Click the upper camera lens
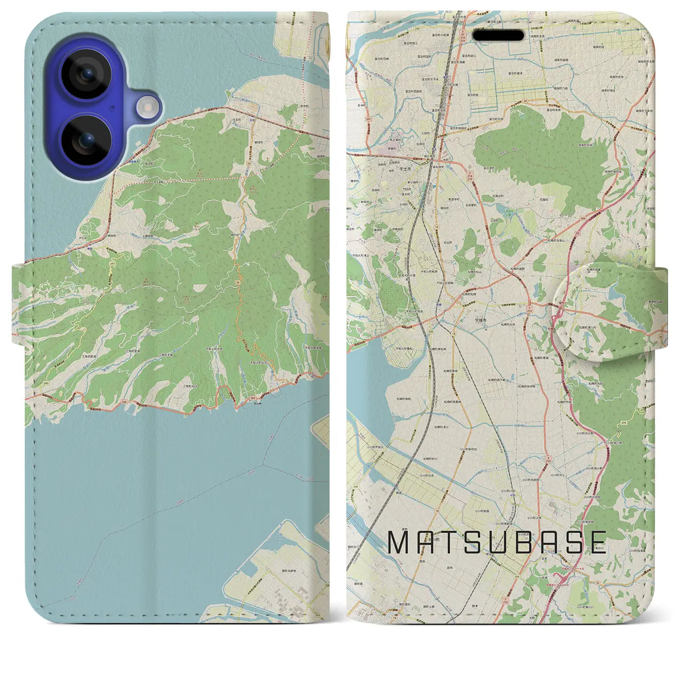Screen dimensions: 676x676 click(87, 74)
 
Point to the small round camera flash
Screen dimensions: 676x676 click(148, 108)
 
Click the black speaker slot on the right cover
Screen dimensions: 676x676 click(498, 36)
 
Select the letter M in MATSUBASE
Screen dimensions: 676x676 click(399, 542)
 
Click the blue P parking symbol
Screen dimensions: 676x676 click(434, 186)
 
